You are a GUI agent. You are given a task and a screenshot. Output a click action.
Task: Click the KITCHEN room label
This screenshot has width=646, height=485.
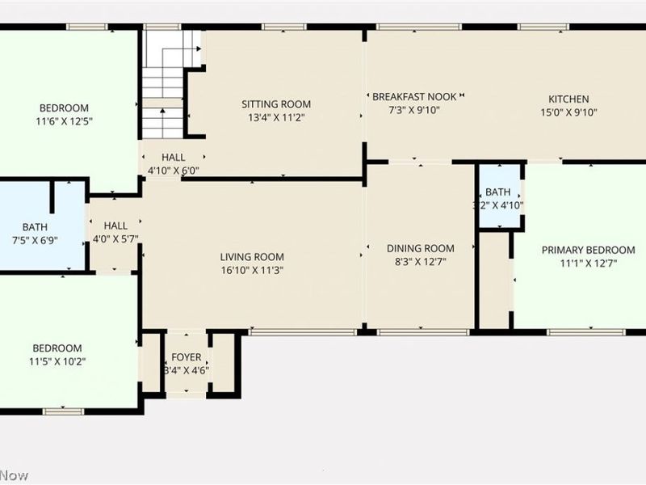pos(569,99)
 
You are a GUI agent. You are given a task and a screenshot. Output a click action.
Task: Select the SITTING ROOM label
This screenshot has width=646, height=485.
pos(276,104)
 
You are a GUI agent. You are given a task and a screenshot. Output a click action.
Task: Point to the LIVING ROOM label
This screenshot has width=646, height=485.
pos(252,257)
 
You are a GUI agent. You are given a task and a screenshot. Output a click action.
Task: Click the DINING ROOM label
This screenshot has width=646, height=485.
pos(420,248)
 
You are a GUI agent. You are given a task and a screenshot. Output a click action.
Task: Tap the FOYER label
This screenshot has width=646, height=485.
pos(187,357)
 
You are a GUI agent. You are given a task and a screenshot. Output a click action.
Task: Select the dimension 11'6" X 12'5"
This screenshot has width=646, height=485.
pos(64,122)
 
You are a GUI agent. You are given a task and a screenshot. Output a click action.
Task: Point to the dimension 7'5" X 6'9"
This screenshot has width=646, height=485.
pos(35,241)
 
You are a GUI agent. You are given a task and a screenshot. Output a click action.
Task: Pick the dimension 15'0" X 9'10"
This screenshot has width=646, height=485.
pos(569,113)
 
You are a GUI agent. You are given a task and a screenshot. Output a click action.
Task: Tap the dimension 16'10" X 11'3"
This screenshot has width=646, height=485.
pos(252,271)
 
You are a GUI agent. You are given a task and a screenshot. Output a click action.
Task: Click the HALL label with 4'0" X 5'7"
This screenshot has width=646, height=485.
pos(115,226)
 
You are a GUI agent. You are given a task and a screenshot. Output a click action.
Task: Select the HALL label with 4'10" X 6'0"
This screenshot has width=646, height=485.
pos(173,157)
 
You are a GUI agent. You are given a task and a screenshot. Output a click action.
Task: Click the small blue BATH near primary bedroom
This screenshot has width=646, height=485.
pos(498,192)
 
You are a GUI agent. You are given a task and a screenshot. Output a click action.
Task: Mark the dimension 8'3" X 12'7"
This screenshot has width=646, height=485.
pos(420,262)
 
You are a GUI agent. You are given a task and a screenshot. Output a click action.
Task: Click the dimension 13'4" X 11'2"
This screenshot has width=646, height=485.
pos(276,118)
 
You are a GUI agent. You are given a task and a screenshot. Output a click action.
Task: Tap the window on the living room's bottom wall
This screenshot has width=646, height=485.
pos(302,331)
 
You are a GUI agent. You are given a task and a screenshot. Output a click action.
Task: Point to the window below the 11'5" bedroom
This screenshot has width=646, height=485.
pos(63,411)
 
